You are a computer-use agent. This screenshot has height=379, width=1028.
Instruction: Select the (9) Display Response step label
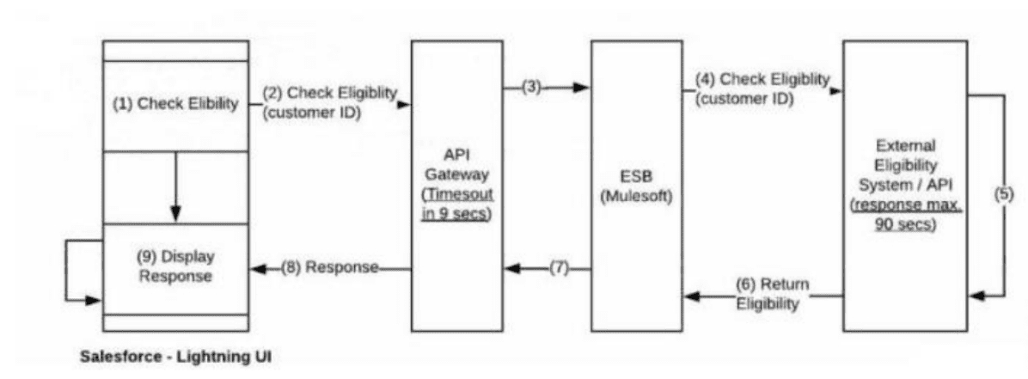coord(175,266)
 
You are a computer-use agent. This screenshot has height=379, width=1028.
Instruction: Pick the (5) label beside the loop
coord(1003,194)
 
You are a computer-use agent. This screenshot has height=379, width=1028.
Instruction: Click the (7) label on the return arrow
coord(559,269)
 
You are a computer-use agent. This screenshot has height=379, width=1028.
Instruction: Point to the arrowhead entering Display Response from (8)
coord(256,268)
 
